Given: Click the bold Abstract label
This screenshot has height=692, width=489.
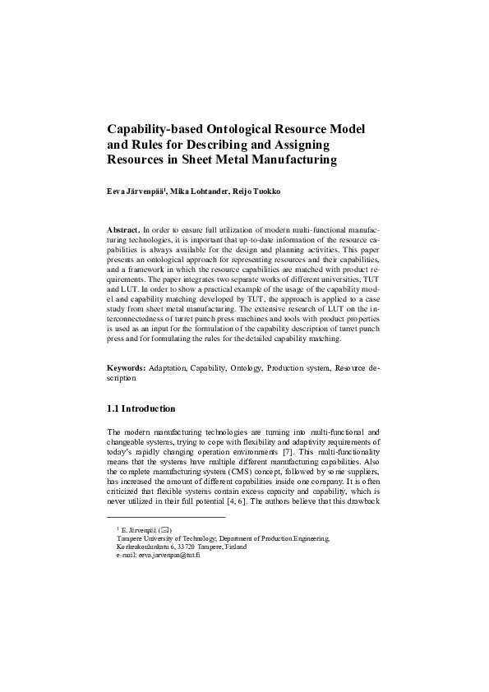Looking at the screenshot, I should coord(123,229).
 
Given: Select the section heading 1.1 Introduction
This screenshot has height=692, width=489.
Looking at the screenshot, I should coord(141,408).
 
